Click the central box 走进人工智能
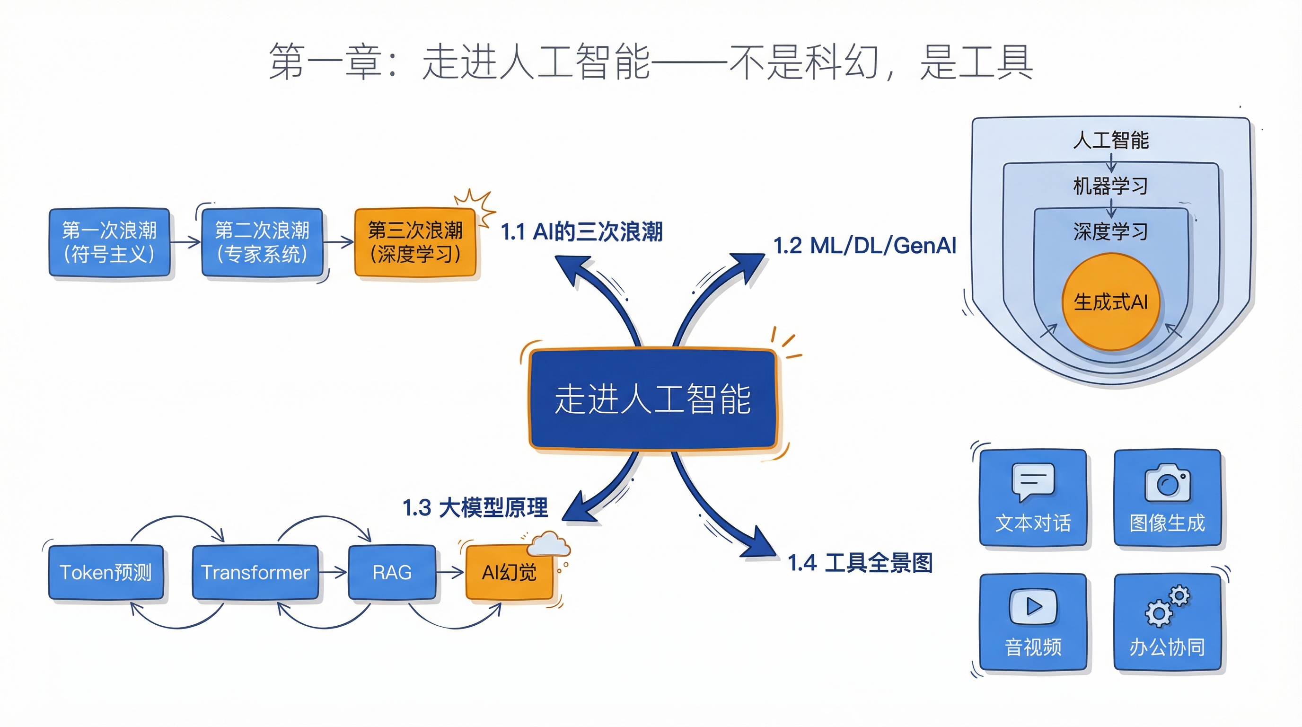click(x=652, y=399)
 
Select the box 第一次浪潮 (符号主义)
click(x=109, y=242)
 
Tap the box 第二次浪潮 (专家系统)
click(x=262, y=242)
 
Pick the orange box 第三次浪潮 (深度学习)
click(x=415, y=242)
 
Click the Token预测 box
click(x=106, y=572)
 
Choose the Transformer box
click(x=255, y=572)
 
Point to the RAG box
click(x=392, y=572)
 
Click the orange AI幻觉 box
click(x=509, y=572)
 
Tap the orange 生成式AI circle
click(x=1110, y=302)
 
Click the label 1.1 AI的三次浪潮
click(x=581, y=232)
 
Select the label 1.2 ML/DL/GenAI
click(x=865, y=246)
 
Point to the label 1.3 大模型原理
click(x=475, y=507)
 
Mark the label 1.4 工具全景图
click(x=860, y=563)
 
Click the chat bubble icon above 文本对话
click(x=1033, y=481)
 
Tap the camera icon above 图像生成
click(x=1167, y=483)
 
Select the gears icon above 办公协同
click(x=1167, y=606)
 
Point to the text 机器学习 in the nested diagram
click(x=1110, y=186)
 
